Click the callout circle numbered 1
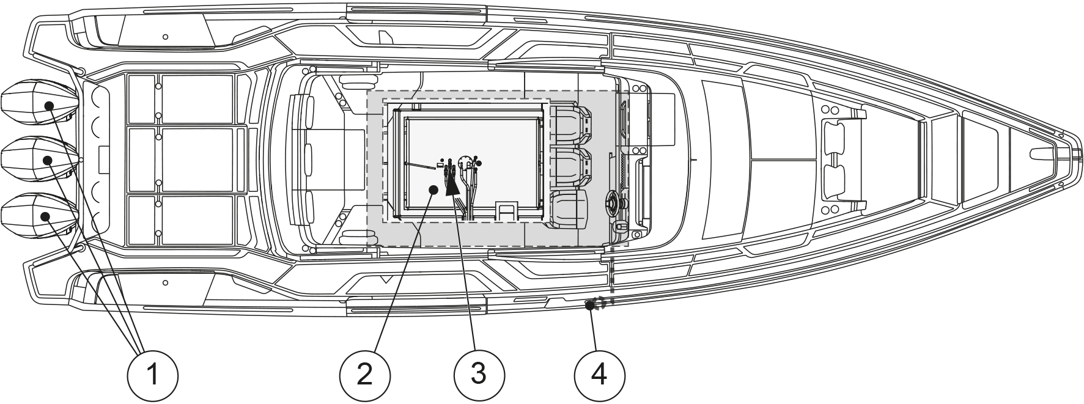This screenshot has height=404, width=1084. (152, 373)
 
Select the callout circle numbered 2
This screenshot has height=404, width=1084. (364, 373)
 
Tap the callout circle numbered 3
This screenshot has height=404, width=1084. (479, 373)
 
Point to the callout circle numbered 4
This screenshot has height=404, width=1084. (600, 373)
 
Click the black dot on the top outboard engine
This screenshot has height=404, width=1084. (49, 106)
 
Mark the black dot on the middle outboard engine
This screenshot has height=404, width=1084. (48, 161)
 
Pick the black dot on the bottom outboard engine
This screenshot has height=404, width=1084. (46, 216)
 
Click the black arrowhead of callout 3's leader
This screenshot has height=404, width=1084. (453, 183)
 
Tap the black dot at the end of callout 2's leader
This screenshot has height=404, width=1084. (433, 190)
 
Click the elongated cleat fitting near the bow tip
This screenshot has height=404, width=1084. (1044, 152)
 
